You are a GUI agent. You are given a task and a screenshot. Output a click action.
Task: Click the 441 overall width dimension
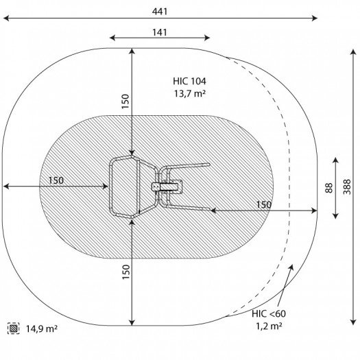tap(160, 12)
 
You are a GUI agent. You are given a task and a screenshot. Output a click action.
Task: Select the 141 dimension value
tap(160, 33)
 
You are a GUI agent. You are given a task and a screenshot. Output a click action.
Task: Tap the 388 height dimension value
tap(347, 187)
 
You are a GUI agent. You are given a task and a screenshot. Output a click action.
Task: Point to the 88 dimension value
tap(329, 188)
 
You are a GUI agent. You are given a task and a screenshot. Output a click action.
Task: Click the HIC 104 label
tap(189, 82)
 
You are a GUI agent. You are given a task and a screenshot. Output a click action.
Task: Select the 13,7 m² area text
tap(189, 94)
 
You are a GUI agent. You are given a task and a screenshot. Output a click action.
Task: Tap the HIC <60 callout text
tap(269, 313)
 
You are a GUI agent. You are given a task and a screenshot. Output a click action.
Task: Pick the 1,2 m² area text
tap(269, 326)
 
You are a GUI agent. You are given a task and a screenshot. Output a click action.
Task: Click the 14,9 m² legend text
tap(42, 328)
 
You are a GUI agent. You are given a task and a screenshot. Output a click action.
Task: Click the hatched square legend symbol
tap(13, 328)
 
